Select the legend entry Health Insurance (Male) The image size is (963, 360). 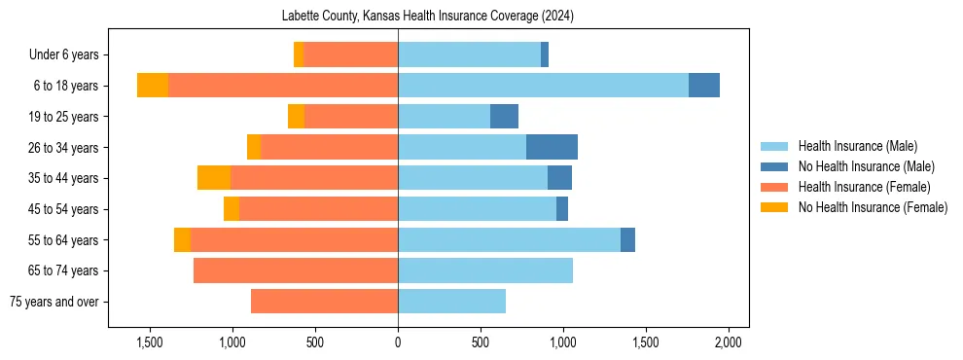tap(857, 146)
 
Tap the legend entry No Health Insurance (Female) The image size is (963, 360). tap(872, 207)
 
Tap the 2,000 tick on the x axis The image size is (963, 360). tap(729, 342)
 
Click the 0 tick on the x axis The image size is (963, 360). tap(398, 342)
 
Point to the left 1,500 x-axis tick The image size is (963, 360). tap(150, 342)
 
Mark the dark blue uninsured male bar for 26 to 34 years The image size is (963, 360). tap(552, 147)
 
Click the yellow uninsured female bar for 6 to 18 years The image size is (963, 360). tap(153, 86)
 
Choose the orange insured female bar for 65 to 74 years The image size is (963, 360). tap(296, 270)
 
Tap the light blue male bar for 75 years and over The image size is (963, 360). tap(451, 302)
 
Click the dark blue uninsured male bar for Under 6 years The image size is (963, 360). tap(545, 54)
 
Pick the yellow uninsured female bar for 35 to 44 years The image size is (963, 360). tap(214, 178)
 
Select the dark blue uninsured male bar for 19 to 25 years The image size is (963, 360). tap(504, 117)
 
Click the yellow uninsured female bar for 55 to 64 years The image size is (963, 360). tap(182, 239)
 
